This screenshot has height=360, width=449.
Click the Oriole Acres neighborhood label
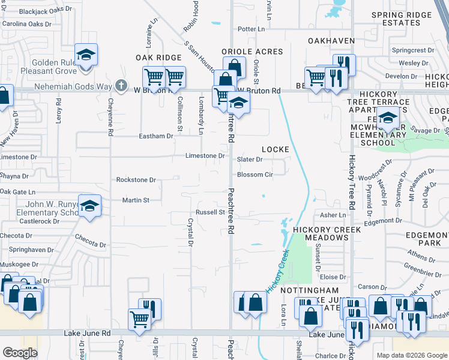pyautogui.click(x=252, y=52)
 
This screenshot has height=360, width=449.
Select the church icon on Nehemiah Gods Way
pyautogui.click(x=121, y=85)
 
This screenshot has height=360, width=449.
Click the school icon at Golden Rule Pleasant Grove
pyautogui.click(x=86, y=55)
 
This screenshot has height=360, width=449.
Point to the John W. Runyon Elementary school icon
pyautogui.click(x=89, y=206)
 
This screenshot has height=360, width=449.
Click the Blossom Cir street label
pyautogui.click(x=255, y=175)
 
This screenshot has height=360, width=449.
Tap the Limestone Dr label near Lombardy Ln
pyautogui.click(x=205, y=156)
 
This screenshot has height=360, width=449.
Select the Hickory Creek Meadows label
pyautogui.click(x=327, y=233)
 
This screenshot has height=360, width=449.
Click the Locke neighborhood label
pyautogui.click(x=276, y=149)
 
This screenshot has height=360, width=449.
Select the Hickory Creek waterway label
pyautogui.click(x=278, y=271)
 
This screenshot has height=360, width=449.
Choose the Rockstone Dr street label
pyautogui.click(x=136, y=179)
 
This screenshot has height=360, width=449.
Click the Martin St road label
pyautogui.click(x=135, y=200)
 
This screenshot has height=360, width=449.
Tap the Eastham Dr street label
pyautogui.click(x=157, y=136)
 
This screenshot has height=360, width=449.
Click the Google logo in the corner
pyautogui.click(x=20, y=353)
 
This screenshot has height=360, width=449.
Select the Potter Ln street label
pyautogui.click(x=251, y=29)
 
